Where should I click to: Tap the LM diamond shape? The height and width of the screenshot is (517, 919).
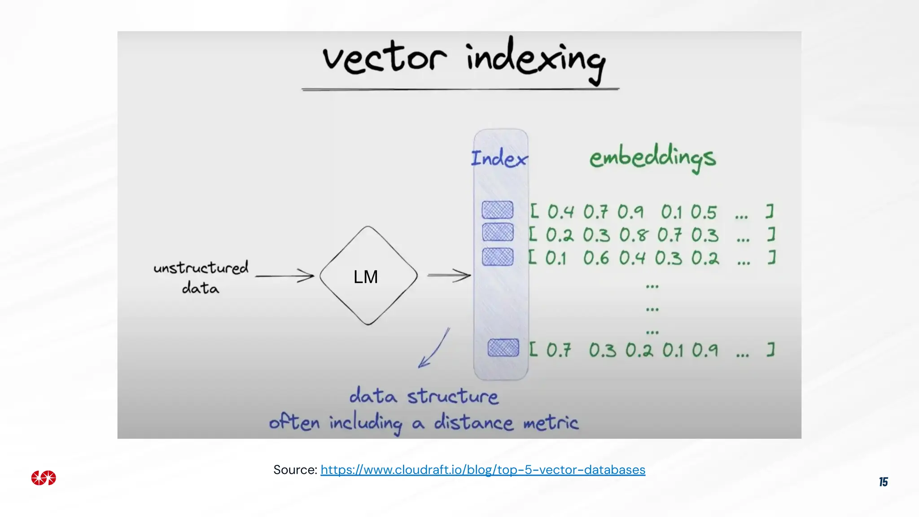368,276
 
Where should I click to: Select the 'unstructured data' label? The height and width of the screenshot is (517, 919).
201,277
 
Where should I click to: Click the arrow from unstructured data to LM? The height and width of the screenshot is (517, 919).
284,276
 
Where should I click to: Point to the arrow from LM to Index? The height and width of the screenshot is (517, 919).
448,275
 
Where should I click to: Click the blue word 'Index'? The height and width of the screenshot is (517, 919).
499,158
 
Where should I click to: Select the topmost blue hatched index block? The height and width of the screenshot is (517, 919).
497,210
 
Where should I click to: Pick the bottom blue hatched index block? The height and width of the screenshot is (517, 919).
503,348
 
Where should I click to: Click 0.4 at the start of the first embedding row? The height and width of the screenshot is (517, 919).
560,212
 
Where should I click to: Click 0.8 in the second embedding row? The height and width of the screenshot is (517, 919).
634,235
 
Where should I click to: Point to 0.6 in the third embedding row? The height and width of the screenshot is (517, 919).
596,258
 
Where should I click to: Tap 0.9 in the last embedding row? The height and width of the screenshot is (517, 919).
705,350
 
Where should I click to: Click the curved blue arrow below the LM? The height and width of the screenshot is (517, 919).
434,348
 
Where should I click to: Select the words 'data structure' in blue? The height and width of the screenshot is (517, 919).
424,396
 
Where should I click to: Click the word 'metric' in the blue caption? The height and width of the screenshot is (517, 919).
551,423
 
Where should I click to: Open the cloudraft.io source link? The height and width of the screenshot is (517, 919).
483,470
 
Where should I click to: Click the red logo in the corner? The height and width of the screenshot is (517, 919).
44,478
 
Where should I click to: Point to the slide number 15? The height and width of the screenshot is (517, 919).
883,482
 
